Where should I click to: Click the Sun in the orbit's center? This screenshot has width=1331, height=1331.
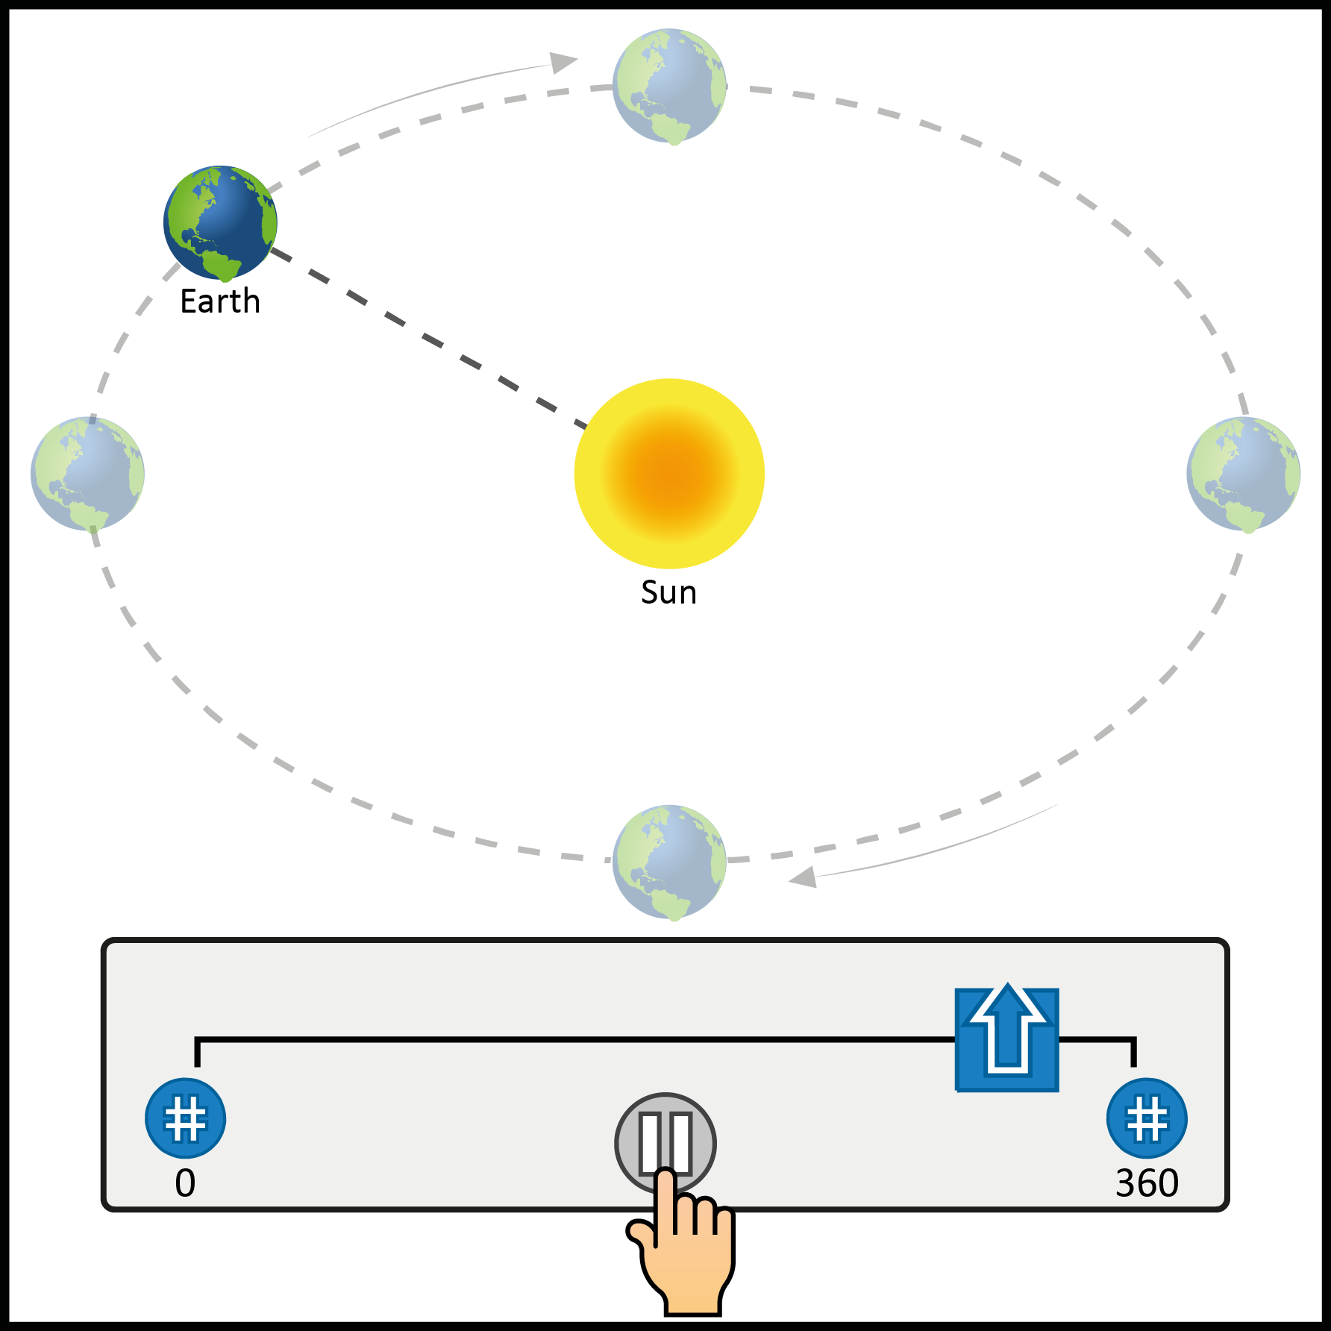tap(669, 473)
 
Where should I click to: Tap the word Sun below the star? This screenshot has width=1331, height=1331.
tap(668, 592)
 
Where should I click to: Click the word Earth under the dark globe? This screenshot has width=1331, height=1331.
tap(220, 301)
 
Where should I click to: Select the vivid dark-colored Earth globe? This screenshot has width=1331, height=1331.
tap(220, 222)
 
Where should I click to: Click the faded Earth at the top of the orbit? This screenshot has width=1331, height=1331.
tap(669, 86)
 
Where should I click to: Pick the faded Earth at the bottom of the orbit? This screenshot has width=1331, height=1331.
tap(669, 862)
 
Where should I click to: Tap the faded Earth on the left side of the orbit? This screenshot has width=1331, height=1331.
tap(87, 474)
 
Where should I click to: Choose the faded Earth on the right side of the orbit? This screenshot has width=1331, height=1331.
tap(1243, 474)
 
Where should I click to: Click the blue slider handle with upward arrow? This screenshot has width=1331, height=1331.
tap(1007, 1039)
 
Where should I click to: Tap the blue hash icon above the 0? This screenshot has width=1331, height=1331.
tap(185, 1118)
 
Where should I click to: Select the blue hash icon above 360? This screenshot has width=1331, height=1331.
tap(1147, 1118)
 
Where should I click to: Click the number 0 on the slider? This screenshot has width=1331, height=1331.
tap(185, 1183)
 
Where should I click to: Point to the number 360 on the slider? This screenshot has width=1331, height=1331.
tap(1147, 1183)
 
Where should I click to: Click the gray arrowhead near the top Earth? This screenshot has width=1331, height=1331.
tap(564, 62)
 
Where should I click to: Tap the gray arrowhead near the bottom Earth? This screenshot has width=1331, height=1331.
tap(804, 877)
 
